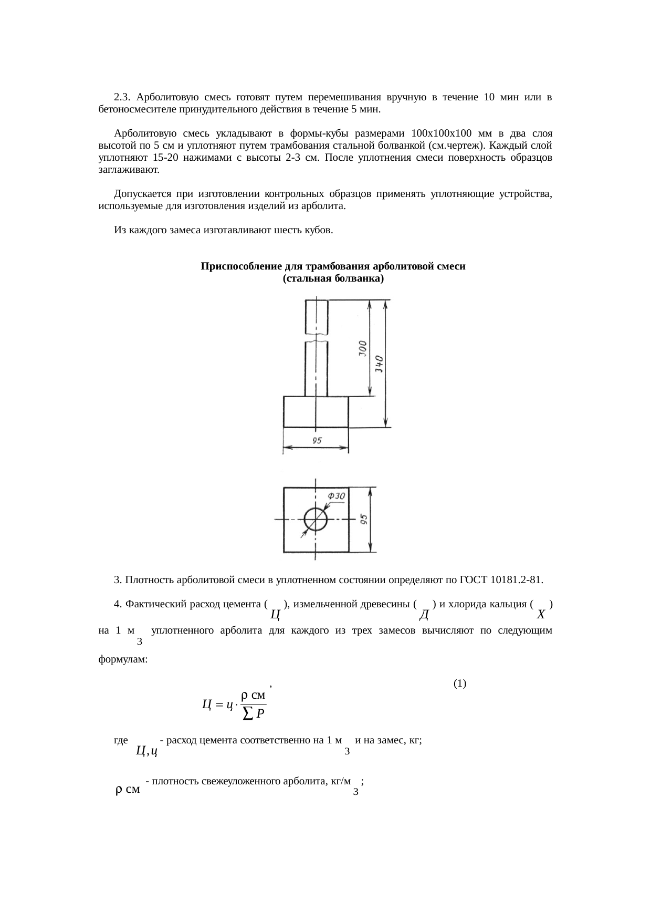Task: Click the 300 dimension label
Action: pos(363,348)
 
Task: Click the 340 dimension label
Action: pos(380,363)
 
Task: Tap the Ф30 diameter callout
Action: pos(336,496)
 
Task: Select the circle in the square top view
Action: pos(316,520)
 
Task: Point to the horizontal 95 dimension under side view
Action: pos(317,441)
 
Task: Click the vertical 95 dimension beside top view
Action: pos(363,520)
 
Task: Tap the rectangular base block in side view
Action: pos(316,412)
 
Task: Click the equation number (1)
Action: pos(459,683)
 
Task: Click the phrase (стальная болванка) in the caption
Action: pos(333,278)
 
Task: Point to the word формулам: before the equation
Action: pos(123,659)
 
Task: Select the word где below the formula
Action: pos(121,740)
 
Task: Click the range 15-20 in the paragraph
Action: pos(162,158)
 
